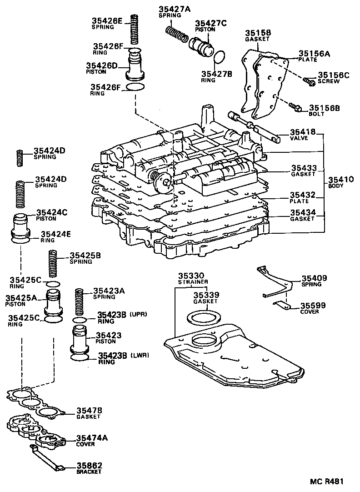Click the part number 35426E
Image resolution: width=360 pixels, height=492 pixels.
(x=107, y=20)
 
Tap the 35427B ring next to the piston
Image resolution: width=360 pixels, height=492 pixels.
(x=220, y=57)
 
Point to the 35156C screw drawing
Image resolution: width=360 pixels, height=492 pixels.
(x=309, y=82)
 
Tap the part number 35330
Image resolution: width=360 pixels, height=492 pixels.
(x=191, y=276)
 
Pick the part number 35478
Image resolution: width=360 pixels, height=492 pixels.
(x=89, y=410)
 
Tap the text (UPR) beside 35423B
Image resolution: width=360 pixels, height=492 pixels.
(x=139, y=314)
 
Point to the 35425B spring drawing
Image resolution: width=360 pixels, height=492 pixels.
(x=54, y=265)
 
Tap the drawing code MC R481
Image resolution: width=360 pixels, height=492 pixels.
(x=327, y=481)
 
